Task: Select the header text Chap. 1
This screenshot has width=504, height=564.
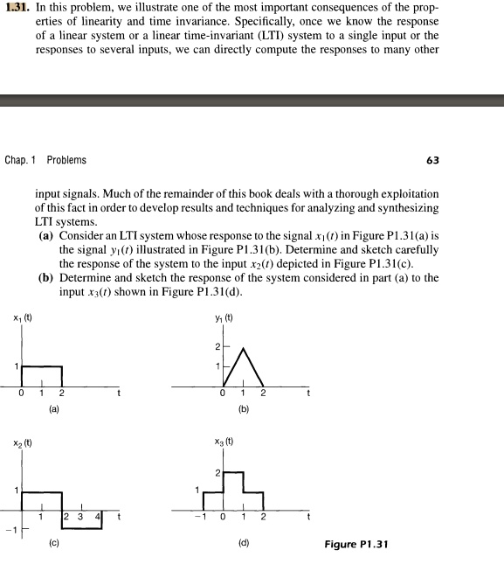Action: point(21,160)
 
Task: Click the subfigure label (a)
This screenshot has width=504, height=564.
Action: point(54,407)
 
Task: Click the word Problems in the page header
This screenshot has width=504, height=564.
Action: point(66,160)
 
